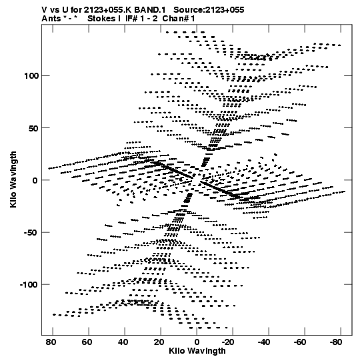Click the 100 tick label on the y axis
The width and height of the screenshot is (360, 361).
tap(31, 76)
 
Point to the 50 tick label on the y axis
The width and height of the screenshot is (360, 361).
tap(33, 128)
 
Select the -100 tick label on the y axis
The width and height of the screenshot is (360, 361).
tap(29, 285)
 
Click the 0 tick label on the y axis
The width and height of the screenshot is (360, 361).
tap(35, 180)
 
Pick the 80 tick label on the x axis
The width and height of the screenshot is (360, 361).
tap(51, 342)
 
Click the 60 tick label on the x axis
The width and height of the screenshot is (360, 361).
tap(87, 342)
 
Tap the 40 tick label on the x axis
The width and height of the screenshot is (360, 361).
tap(123, 342)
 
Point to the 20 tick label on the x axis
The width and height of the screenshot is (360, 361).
tap(159, 342)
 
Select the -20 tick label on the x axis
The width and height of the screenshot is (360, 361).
tap(228, 342)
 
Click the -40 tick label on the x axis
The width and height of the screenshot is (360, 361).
tap(264, 342)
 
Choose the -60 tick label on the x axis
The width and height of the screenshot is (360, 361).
tap(300, 342)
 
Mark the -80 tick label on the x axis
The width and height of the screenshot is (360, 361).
tap(336, 342)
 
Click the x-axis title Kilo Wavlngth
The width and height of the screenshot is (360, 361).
tap(197, 351)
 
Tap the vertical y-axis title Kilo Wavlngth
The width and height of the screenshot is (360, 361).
tap(13, 179)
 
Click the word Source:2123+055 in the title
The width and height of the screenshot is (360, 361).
tap(209, 10)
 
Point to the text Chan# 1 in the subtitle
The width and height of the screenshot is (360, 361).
tap(179, 19)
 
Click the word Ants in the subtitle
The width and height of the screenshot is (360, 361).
tap(51, 19)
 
